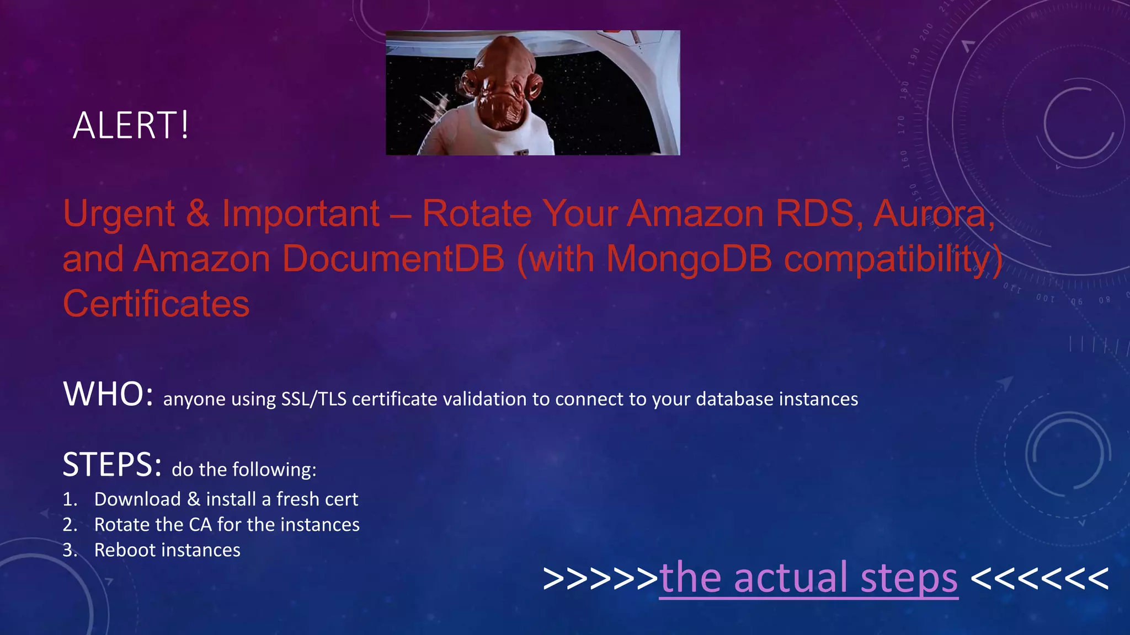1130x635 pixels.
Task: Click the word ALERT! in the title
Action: [131, 125]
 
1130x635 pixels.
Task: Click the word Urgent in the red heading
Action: [119, 213]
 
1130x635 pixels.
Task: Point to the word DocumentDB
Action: [393, 259]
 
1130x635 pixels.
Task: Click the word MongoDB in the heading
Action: [690, 259]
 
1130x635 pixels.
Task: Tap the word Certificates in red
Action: [156, 304]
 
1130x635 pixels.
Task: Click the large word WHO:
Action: [108, 395]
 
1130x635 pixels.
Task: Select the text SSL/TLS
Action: [313, 399]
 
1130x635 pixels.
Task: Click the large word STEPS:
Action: [112, 465]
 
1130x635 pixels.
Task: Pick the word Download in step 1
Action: [137, 499]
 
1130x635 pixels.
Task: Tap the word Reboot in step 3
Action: [125, 550]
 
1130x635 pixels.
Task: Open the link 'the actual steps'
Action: [808, 578]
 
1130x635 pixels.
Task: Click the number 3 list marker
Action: [70, 550]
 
